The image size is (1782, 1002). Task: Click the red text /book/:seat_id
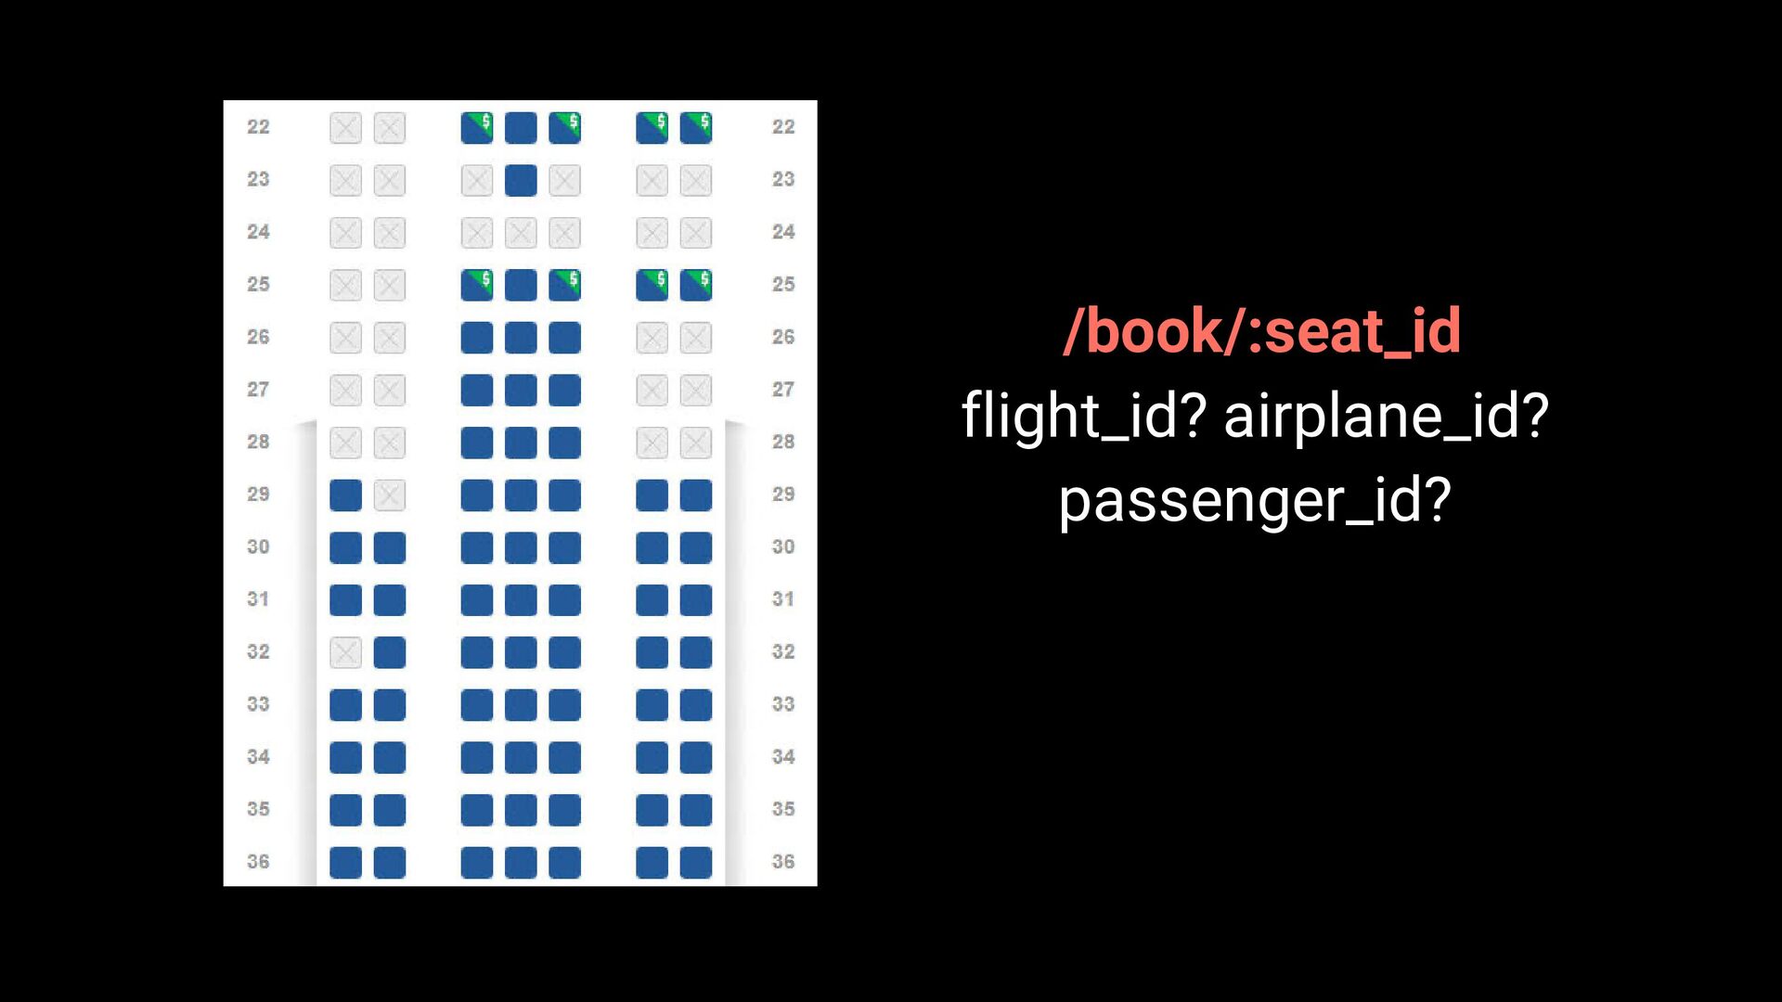point(1262,331)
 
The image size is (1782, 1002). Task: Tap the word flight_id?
point(1083,415)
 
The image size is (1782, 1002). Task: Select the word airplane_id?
point(1387,415)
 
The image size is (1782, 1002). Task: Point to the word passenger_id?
point(1255,500)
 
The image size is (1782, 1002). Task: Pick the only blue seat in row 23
point(521,180)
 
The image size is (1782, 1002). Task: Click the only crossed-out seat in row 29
point(390,495)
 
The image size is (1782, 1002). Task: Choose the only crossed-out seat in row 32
point(345,653)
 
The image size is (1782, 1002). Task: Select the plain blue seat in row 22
point(521,128)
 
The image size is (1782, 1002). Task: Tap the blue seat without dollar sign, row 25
point(521,285)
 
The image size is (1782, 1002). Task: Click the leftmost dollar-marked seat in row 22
point(477,128)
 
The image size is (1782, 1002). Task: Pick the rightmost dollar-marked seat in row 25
point(696,285)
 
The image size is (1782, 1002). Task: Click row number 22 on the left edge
point(258,127)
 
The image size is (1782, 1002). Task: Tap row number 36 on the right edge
point(783,862)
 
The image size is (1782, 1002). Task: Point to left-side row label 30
point(258,547)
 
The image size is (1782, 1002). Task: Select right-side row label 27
point(783,390)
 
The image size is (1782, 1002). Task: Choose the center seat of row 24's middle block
point(521,233)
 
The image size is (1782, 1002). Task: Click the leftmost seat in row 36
point(345,863)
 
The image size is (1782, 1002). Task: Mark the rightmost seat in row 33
point(696,705)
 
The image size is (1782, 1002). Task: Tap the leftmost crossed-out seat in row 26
point(345,338)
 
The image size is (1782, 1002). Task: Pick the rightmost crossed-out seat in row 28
point(696,443)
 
